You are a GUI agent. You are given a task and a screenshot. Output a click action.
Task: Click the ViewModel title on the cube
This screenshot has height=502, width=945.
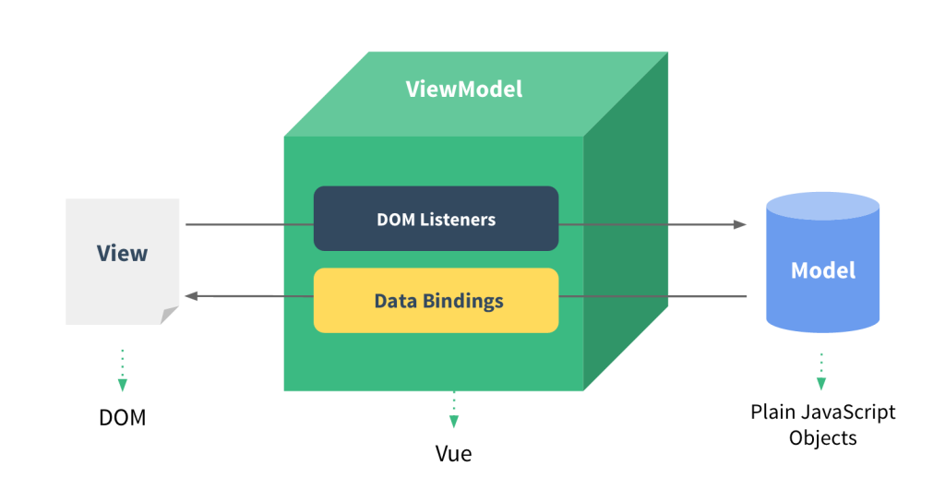[464, 89]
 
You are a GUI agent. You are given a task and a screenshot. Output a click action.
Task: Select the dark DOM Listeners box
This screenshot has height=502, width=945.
[436, 219]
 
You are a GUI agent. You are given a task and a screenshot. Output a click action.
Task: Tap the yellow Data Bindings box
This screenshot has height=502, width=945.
[436, 301]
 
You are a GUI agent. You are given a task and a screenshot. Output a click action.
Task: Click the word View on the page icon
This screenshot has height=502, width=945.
[122, 253]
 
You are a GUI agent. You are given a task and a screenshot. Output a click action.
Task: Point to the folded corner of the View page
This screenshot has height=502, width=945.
[169, 316]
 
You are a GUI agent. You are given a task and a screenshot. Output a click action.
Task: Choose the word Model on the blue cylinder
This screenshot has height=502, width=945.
[823, 270]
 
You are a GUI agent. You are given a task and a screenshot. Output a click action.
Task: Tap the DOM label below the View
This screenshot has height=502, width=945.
[122, 417]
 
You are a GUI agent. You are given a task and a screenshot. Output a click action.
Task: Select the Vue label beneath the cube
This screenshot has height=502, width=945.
[453, 454]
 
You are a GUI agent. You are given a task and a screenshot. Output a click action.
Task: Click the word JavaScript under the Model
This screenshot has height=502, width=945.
[847, 412]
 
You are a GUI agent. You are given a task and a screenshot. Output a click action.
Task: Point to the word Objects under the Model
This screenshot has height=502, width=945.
[823, 437]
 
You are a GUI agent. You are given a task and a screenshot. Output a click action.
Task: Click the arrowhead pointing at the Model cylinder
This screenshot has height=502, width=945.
[739, 224]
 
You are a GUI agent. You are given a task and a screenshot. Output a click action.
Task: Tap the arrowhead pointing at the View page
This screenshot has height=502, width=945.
[192, 296]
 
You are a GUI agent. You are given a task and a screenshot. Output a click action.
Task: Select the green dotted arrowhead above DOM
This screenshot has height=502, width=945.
[122, 385]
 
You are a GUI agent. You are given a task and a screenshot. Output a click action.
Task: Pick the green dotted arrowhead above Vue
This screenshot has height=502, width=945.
[453, 422]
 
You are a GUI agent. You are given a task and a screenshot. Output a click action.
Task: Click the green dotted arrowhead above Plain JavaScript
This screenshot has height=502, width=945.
[820, 383]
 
